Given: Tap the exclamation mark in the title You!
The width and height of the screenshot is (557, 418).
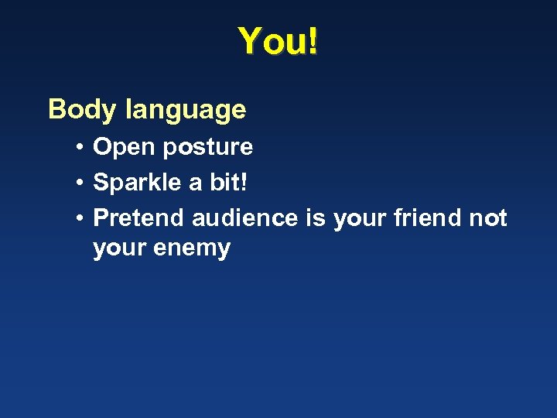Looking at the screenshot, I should tap(312, 41).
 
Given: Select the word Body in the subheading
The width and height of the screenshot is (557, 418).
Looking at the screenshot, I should tap(80, 110).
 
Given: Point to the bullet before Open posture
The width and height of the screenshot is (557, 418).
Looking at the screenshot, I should tap(80, 147).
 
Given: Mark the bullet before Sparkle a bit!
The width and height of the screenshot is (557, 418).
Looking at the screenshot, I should tap(80, 183).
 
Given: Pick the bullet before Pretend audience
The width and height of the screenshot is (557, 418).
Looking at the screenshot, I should tap(80, 218).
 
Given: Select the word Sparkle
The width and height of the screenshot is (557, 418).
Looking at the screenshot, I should tap(135, 183).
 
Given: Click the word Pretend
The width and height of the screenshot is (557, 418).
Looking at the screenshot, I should tap(138, 218).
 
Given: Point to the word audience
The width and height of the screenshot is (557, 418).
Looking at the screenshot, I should tap(244, 218).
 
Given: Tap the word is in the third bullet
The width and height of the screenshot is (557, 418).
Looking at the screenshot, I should tap(316, 218).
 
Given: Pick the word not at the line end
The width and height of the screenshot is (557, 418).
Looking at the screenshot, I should tap(489, 218).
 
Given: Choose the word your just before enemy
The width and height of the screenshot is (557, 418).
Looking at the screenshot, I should tap(118, 249).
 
